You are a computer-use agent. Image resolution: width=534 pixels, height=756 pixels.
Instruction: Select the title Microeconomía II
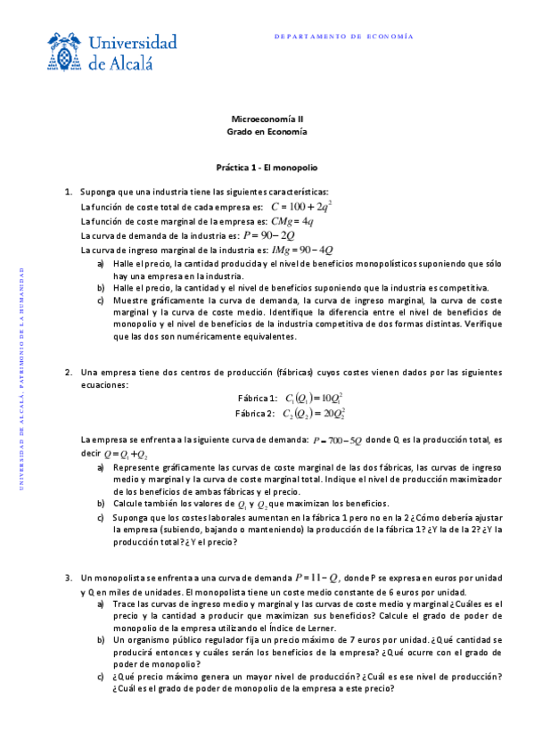coord(267,119)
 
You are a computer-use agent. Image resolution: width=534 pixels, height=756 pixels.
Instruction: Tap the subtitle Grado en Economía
coord(267,131)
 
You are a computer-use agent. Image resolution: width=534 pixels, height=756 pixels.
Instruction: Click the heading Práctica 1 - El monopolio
coord(267,167)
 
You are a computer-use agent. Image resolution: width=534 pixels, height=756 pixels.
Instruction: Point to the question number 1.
coord(69,192)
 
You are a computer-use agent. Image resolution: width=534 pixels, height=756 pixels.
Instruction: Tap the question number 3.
coord(69,578)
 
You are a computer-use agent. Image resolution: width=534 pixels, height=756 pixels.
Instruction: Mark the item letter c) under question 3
coord(101,676)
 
